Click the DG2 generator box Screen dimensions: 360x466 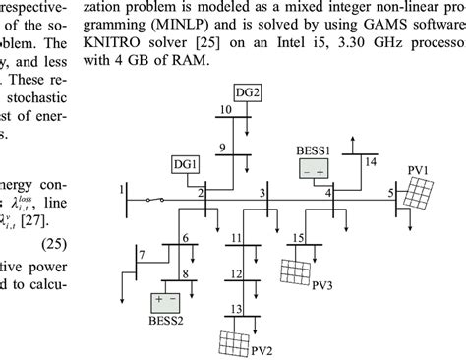pyautogui.click(x=248, y=92)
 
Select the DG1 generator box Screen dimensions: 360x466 pyautogui.click(x=185, y=164)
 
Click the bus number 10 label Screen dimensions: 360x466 pyautogui.click(x=224, y=110)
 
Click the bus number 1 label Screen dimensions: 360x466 pyautogui.click(x=122, y=188)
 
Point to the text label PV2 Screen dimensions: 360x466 pyautogui.click(x=261, y=349)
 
